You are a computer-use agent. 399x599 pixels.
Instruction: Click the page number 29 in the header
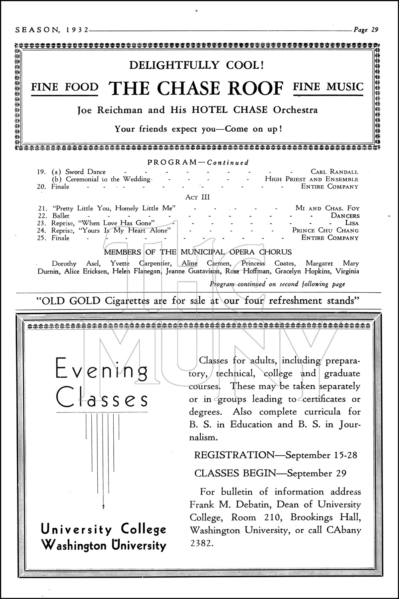tap(374, 30)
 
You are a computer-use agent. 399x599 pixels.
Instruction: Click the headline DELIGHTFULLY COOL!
tap(196, 65)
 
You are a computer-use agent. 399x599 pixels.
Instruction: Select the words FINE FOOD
tap(65, 87)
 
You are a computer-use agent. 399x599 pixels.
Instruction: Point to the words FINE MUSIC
tap(328, 87)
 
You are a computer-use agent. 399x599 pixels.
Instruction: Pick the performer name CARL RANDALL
tap(334, 172)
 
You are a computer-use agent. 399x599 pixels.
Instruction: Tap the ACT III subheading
tap(198, 197)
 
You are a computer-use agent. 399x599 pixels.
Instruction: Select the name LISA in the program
tap(352, 223)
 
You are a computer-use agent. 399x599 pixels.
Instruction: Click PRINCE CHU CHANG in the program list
tap(325, 230)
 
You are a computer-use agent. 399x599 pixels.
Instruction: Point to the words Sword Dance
tap(85, 172)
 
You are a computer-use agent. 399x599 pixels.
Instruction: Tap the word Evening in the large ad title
tap(102, 370)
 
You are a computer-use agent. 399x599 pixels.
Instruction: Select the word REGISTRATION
tap(234, 455)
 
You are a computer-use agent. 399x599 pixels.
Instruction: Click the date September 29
tap(316, 473)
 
